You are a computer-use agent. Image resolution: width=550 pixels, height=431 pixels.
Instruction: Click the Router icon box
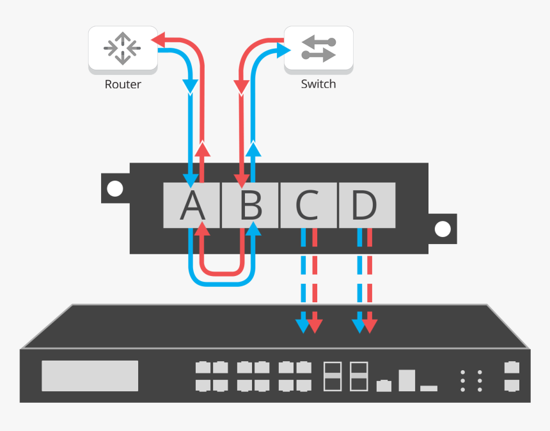[123, 49]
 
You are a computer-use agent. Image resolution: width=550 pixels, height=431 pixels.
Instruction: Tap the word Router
[123, 85]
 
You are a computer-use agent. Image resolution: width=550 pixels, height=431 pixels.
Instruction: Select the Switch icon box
[318, 49]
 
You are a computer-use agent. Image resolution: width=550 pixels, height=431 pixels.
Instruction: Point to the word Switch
[318, 85]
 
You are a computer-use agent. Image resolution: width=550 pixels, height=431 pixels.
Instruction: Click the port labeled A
[192, 206]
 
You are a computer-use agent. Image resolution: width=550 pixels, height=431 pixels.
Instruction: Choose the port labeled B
[250, 206]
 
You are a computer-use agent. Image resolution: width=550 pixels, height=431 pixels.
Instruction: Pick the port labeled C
[308, 206]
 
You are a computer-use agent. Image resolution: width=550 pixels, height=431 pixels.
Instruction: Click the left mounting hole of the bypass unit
[115, 189]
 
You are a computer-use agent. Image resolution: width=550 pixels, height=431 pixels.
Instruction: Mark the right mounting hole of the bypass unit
[443, 229]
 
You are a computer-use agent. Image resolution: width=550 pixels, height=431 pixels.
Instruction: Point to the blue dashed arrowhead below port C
[302, 325]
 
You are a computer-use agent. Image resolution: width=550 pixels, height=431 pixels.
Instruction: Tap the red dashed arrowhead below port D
[371, 325]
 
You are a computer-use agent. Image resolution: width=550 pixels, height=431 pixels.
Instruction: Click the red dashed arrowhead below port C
[315, 325]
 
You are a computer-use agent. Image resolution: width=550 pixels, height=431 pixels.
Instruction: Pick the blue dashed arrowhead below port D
[359, 325]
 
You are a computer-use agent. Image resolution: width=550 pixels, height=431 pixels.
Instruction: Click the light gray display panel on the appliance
[90, 376]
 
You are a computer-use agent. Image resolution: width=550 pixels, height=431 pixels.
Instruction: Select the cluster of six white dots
[471, 380]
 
